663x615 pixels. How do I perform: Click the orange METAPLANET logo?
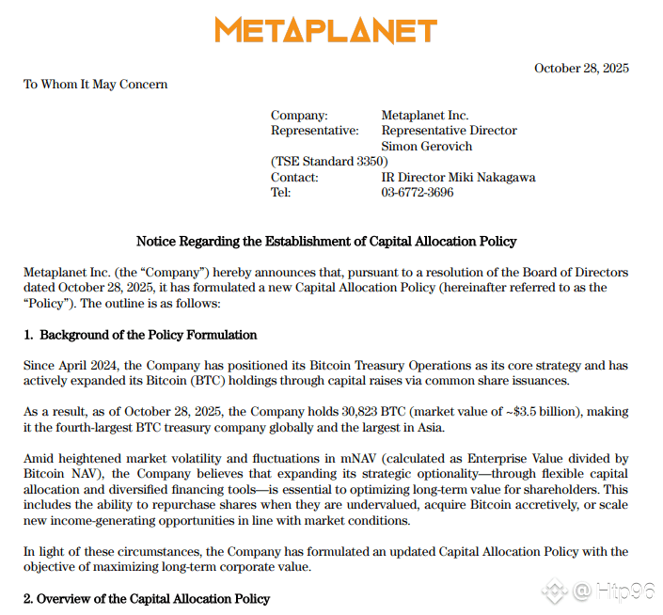click(325, 30)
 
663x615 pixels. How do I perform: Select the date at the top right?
click(581, 68)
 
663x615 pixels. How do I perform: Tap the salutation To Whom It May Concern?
click(95, 85)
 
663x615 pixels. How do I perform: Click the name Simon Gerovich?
click(426, 147)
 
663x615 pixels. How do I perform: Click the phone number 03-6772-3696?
click(417, 193)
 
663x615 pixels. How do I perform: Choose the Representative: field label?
click(314, 131)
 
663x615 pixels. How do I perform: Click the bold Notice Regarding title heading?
click(326, 242)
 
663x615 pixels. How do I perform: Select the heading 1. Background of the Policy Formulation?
click(140, 335)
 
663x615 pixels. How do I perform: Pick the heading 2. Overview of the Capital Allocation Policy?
click(146, 599)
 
